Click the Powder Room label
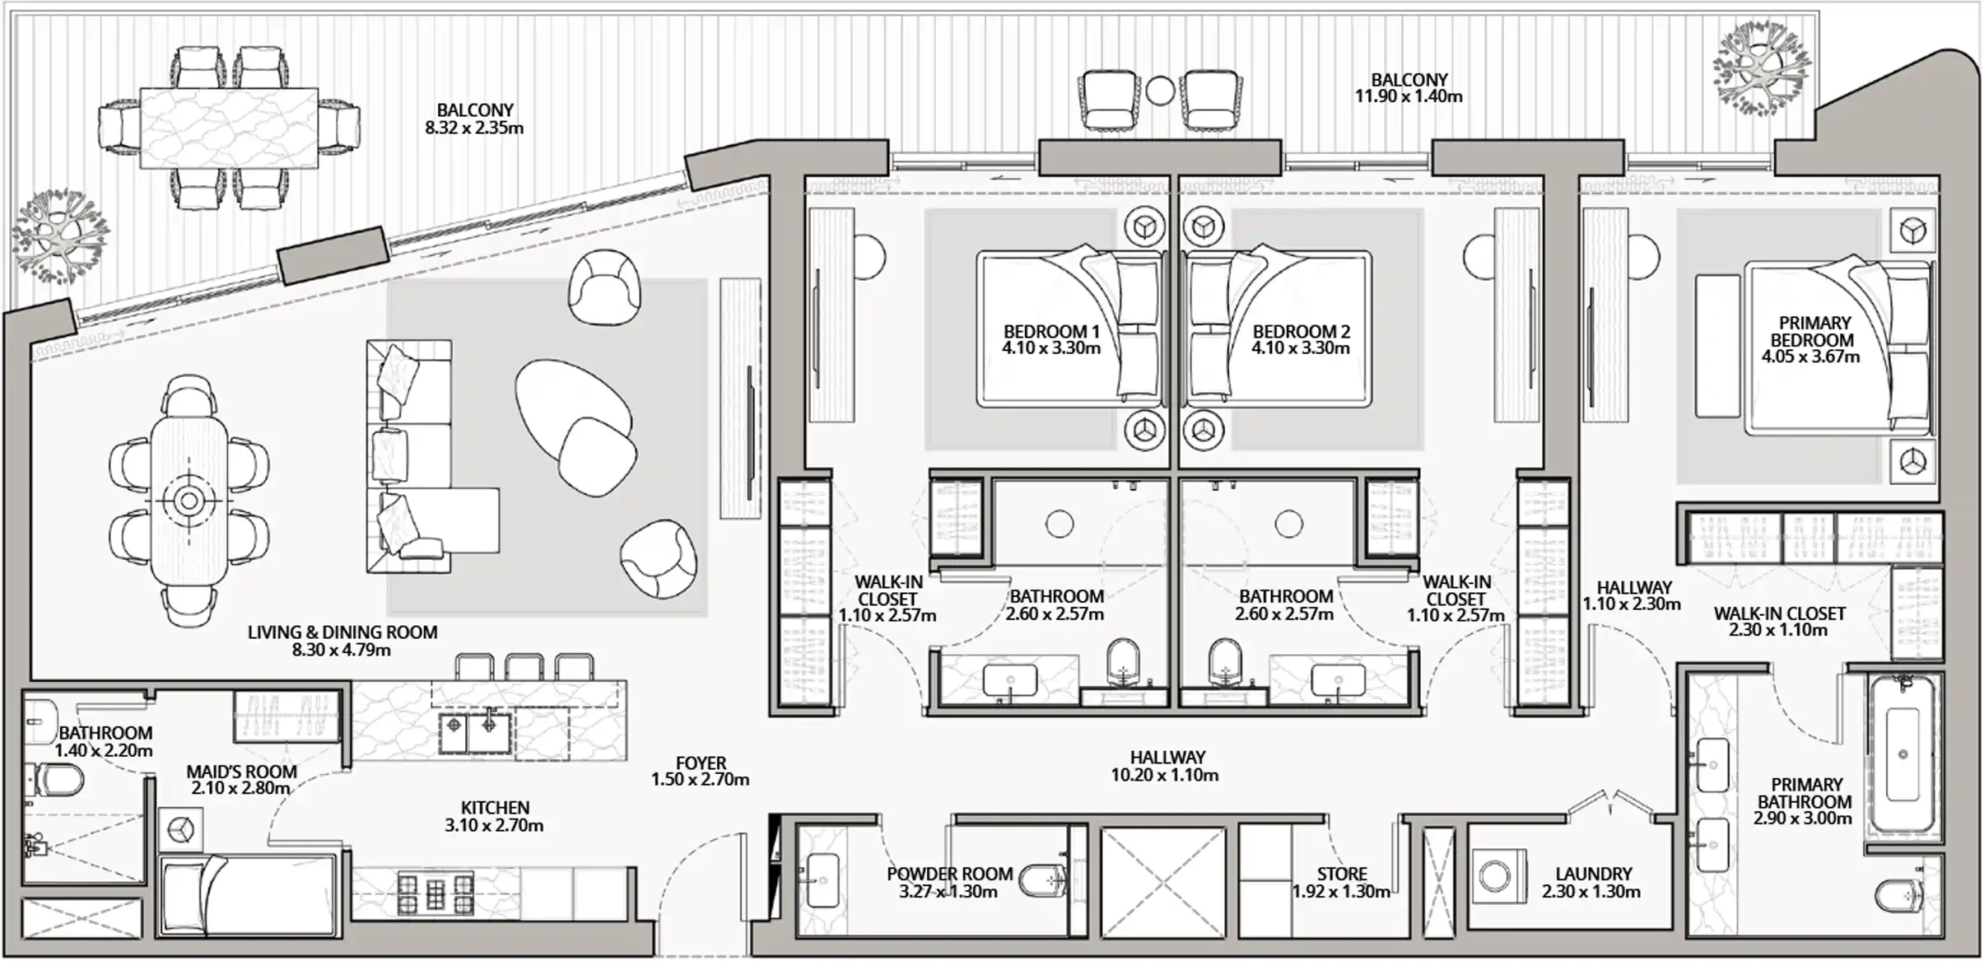pyautogui.click(x=949, y=874)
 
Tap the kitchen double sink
pyautogui.click(x=474, y=733)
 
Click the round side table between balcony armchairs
pyautogui.click(x=1160, y=91)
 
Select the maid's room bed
pyautogui.click(x=248, y=894)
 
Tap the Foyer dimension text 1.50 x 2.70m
pyautogui.click(x=700, y=779)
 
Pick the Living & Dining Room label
pyautogui.click(x=342, y=632)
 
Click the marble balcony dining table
pyautogui.click(x=229, y=128)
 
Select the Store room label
pyautogui.click(x=1342, y=874)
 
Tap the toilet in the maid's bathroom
pyautogui.click(x=54, y=779)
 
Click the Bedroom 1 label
pyautogui.click(x=1051, y=332)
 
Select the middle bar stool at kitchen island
pyautogui.click(x=524, y=667)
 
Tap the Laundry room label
pyautogui.click(x=1593, y=874)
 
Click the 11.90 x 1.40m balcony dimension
pyautogui.click(x=1409, y=96)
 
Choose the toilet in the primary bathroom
pyautogui.click(x=1899, y=897)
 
